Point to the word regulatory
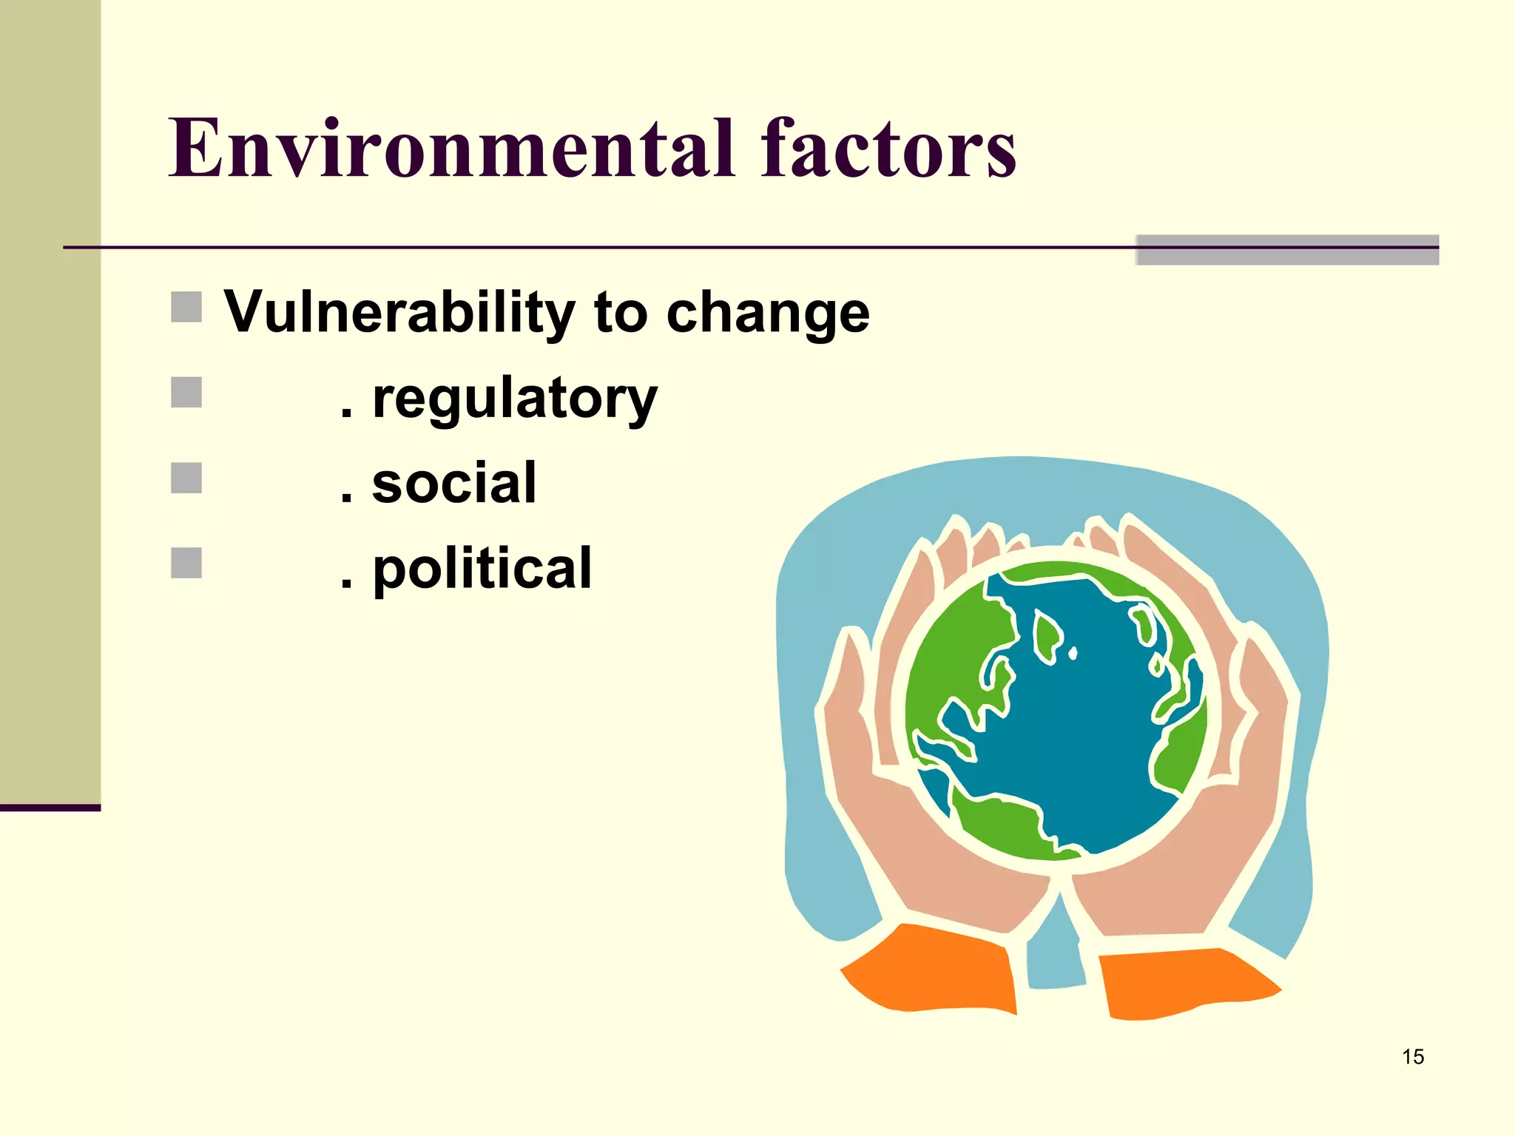tap(514, 399)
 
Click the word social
tap(453, 484)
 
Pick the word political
tap(482, 569)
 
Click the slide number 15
tap(1412, 1057)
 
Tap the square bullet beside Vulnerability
tap(186, 307)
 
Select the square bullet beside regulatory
tap(186, 393)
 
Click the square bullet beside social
tap(186, 478)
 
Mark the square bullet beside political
tap(186, 563)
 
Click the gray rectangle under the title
tap(1287, 250)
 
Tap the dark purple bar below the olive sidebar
tap(50, 808)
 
